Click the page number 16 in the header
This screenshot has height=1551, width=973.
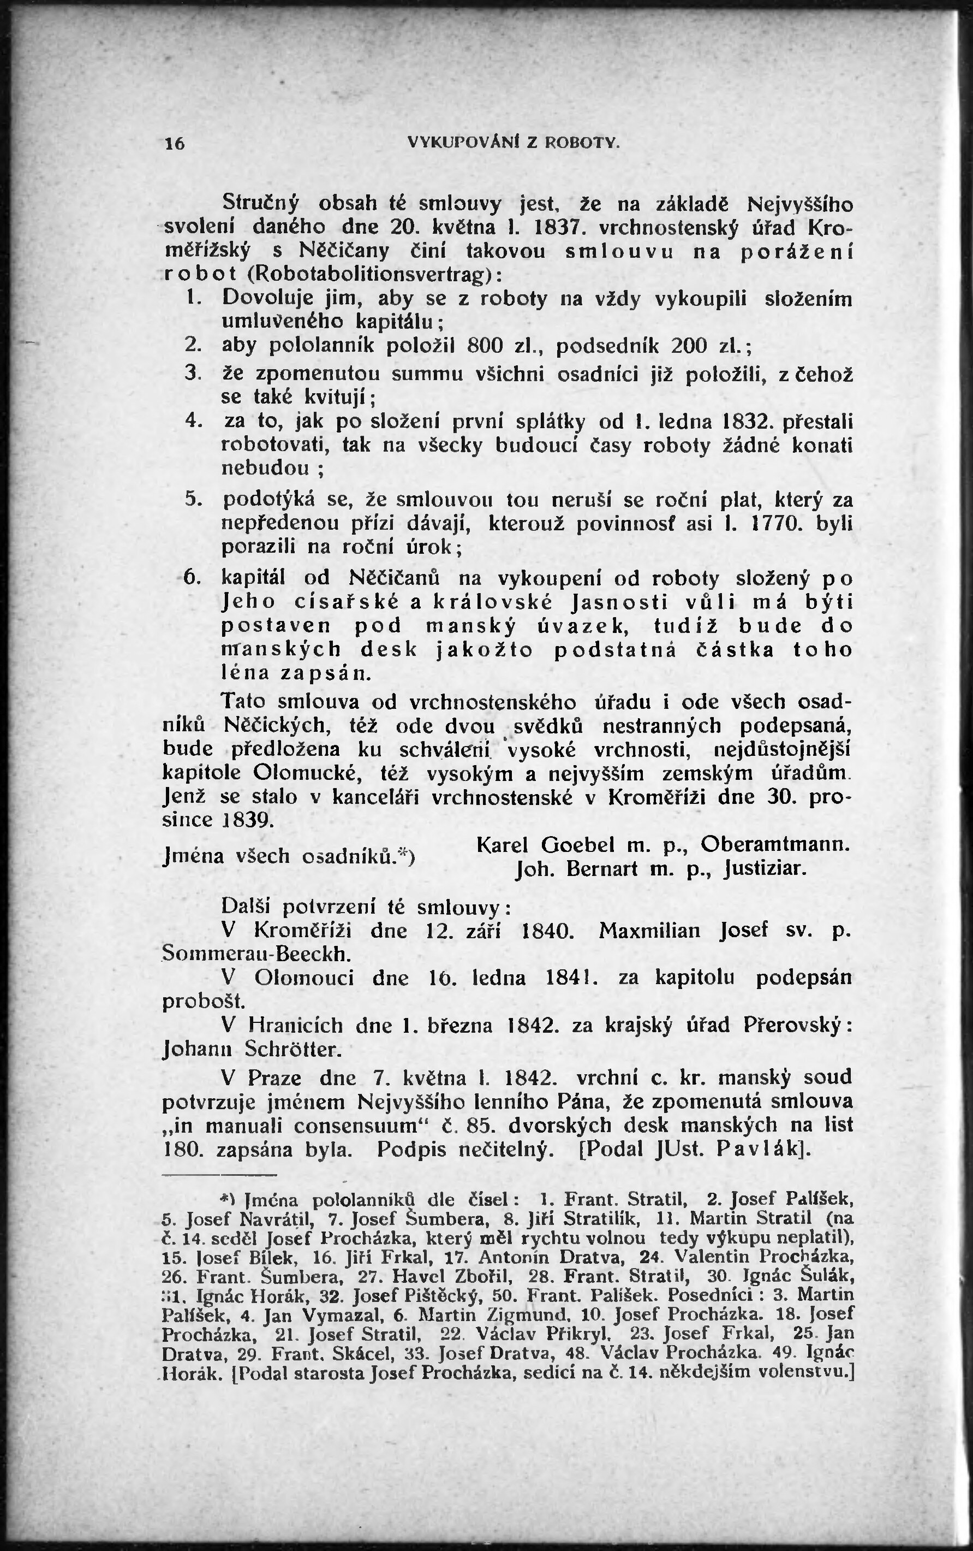tap(175, 143)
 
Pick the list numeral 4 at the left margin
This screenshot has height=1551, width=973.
tap(191, 421)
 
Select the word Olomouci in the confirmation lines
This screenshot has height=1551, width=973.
tap(304, 978)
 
